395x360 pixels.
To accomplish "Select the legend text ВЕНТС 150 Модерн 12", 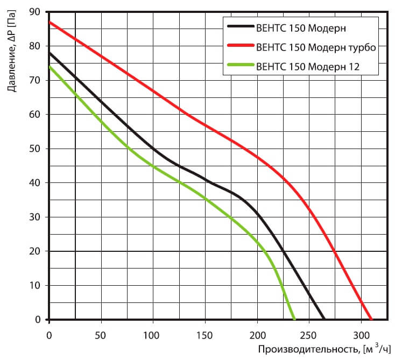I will [309, 67].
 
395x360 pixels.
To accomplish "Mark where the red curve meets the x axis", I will [371, 319].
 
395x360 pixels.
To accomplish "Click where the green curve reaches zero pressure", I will [294, 319].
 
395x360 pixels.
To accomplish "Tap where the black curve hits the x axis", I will [324, 319].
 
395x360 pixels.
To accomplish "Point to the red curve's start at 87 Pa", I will [50, 23].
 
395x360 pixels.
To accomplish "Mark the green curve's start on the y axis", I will [50, 67].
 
